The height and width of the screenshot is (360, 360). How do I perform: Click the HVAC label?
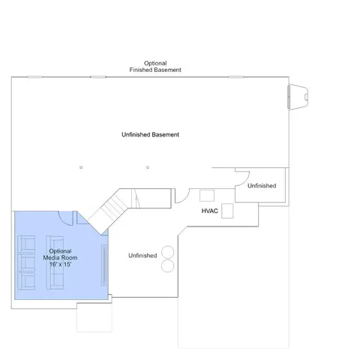(209, 211)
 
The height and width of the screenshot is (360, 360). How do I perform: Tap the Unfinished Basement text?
(150, 135)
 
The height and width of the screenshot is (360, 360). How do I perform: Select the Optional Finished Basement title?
(155, 67)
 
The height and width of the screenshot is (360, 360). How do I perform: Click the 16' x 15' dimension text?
(60, 264)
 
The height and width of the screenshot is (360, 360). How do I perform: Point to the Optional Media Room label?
(60, 254)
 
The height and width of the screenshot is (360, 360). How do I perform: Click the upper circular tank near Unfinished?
(167, 252)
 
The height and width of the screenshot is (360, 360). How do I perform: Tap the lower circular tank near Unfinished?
(167, 265)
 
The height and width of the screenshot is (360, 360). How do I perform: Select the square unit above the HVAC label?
(207, 196)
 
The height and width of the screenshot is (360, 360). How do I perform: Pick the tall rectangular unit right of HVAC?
(227, 211)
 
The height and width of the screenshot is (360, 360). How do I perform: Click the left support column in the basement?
(81, 167)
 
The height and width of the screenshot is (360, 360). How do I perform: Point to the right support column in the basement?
(148, 167)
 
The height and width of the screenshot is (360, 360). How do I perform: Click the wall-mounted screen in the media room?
(103, 265)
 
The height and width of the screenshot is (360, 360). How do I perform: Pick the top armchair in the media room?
(26, 244)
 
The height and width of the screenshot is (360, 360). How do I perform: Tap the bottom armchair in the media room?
(26, 280)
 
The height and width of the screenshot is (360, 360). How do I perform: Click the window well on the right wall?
(298, 97)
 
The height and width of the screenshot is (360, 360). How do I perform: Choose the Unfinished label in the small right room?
(262, 186)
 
